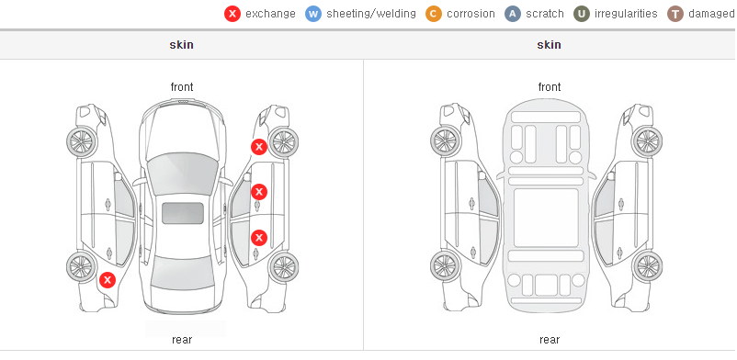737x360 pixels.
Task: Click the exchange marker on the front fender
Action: coord(258,147)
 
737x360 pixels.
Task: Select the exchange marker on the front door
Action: coord(259,192)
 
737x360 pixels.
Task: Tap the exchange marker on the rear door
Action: coord(259,238)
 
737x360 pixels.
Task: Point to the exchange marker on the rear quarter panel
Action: coord(108,280)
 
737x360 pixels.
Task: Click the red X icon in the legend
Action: coord(232,14)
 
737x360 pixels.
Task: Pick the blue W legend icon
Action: coord(313,14)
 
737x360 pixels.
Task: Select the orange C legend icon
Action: coord(434,14)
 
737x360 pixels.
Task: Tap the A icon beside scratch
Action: coord(513,14)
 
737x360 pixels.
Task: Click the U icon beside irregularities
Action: coord(582,14)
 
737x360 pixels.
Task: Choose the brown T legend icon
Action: coord(675,14)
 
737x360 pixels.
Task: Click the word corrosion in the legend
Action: coord(471,14)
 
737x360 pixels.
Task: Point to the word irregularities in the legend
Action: coord(626,13)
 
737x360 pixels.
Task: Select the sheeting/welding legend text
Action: coord(371,14)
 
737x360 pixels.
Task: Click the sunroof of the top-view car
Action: coord(183,213)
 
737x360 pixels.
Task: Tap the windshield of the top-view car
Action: coord(182,173)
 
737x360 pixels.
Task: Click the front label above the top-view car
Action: coord(182,87)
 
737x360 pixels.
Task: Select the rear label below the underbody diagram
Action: coord(550,340)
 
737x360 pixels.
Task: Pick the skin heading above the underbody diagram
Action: coord(549,45)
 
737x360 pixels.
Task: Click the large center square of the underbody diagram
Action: coord(546,218)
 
